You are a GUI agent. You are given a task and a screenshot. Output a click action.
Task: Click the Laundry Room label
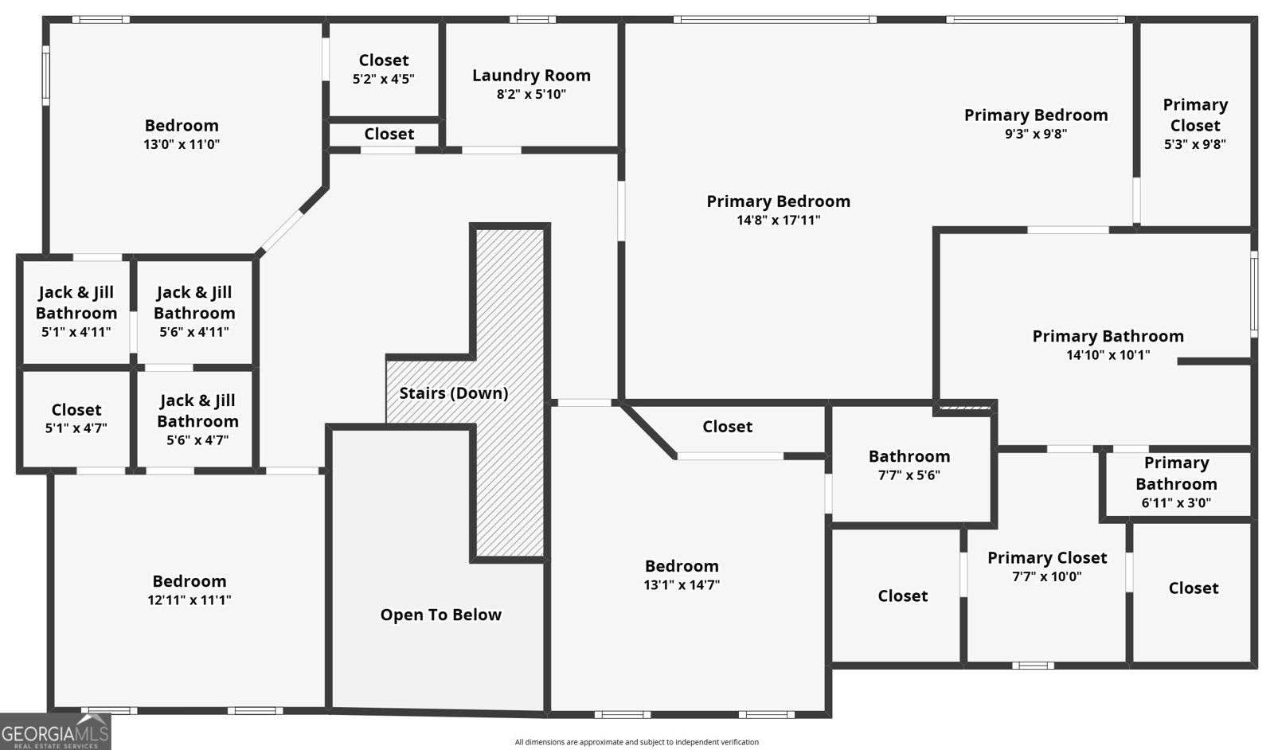click(531, 75)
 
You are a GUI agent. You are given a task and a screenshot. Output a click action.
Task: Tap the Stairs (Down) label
click(453, 393)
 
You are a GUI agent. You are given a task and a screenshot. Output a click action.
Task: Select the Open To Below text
click(441, 615)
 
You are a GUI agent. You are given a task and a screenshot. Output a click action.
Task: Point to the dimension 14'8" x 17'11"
click(778, 220)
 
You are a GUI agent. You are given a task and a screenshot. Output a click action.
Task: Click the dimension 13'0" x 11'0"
click(182, 144)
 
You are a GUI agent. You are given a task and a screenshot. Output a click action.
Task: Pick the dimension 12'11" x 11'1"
click(190, 600)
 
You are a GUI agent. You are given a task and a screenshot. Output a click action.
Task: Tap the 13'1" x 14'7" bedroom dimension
click(682, 584)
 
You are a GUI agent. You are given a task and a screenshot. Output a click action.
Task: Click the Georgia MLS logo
click(55, 732)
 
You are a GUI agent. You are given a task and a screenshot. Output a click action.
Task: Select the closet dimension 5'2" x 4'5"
click(383, 79)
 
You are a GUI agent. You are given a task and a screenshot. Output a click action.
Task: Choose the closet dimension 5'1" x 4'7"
click(76, 428)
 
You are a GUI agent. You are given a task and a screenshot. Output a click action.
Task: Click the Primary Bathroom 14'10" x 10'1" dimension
click(1108, 355)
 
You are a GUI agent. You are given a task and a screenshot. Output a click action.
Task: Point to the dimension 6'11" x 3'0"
click(1176, 502)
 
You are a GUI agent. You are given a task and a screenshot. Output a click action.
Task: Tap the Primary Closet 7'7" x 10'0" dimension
click(1046, 576)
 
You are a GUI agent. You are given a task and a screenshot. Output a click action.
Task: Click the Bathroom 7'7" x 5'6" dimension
click(909, 475)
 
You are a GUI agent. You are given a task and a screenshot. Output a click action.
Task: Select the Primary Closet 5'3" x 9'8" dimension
click(1195, 144)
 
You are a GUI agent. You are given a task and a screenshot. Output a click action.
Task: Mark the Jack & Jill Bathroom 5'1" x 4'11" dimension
click(76, 332)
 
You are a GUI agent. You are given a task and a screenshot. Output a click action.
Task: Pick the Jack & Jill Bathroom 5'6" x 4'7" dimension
click(197, 440)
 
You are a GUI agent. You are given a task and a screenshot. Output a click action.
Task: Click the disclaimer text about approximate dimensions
click(636, 742)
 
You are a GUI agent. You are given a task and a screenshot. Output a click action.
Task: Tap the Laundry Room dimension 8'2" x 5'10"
click(531, 95)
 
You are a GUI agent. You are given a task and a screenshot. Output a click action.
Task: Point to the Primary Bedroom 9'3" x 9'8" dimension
click(1036, 135)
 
